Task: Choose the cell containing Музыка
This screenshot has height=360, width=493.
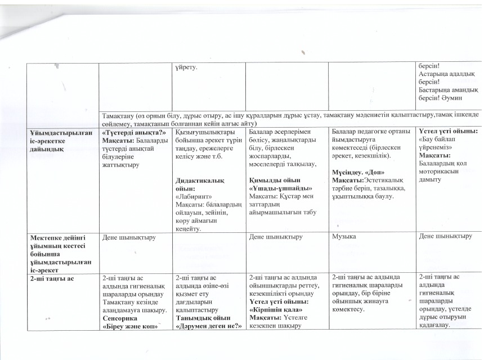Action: pyautogui.click(x=344, y=237)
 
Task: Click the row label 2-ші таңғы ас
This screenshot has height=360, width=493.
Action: pyautogui.click(x=47, y=278)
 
